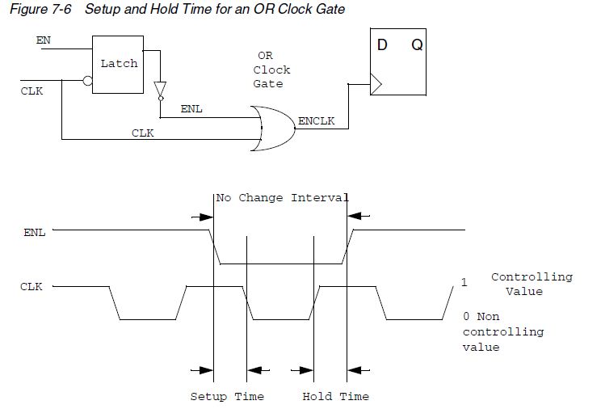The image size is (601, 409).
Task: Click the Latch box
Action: (x=118, y=64)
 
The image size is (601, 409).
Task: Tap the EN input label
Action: (x=43, y=39)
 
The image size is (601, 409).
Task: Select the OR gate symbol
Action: (x=273, y=128)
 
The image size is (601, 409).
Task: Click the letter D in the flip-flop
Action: (x=382, y=45)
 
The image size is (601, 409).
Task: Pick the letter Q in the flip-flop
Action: (x=417, y=45)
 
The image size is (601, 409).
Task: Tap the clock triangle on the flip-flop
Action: (x=376, y=81)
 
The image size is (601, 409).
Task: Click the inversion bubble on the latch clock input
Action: (x=87, y=82)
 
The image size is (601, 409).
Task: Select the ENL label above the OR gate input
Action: (x=191, y=108)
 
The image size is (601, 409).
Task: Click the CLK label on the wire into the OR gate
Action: (x=143, y=133)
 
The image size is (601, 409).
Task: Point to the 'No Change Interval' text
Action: (x=282, y=198)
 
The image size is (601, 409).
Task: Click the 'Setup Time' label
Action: (x=227, y=396)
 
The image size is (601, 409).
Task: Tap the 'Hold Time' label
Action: (x=335, y=396)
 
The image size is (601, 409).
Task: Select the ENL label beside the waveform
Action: (x=34, y=232)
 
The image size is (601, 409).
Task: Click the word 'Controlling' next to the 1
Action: (x=532, y=276)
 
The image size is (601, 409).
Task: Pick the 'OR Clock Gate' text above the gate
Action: (x=271, y=70)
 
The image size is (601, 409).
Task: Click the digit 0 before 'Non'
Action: (x=466, y=318)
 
